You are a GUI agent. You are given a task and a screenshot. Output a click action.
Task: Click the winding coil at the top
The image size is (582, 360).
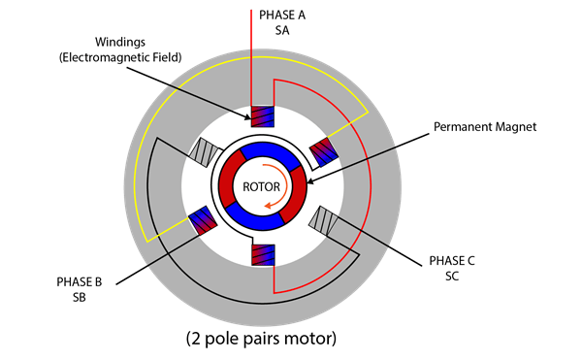[x=264, y=116]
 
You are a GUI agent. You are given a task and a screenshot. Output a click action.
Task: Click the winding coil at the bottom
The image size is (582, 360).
[x=264, y=255]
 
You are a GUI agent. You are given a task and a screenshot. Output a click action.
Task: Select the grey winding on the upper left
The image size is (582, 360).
[x=208, y=150]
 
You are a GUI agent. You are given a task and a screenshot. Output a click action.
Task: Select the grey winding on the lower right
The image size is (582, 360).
[x=321, y=220]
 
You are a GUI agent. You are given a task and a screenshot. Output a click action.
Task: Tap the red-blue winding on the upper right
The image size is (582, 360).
[x=322, y=150]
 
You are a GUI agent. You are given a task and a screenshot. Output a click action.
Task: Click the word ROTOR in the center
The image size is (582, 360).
[x=263, y=186]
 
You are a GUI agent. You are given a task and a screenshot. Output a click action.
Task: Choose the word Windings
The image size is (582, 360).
[x=121, y=43]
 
